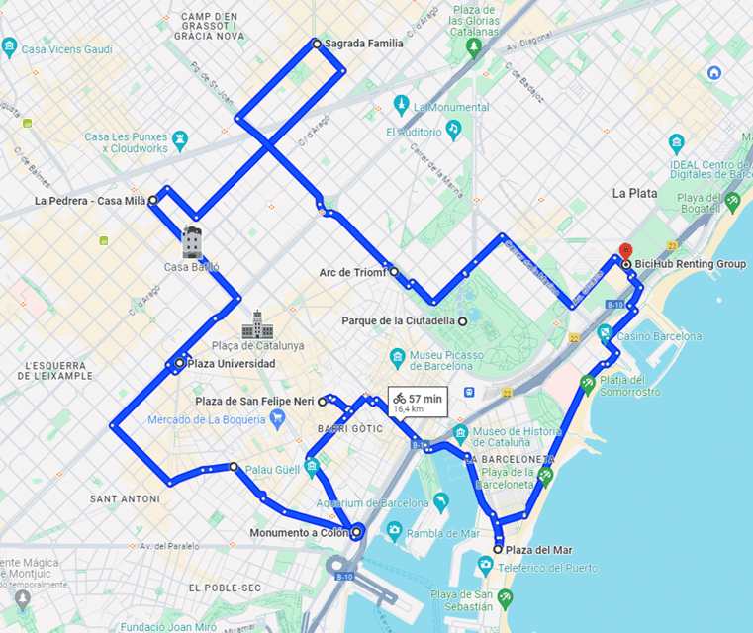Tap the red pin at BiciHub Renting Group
coord(624,251)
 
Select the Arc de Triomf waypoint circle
coord(393,271)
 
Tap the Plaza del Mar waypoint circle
coord(498,549)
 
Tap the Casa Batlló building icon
coord(192,241)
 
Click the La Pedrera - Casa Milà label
coord(89,201)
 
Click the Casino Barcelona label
coord(661,336)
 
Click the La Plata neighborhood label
coord(634,193)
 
